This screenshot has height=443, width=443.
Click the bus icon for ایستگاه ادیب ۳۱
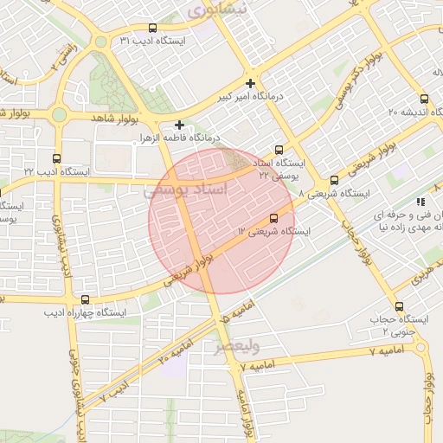tap(153, 29)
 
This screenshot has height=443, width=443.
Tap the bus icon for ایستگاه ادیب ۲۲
tap(57, 159)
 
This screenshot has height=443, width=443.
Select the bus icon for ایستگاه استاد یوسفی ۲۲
tap(279, 150)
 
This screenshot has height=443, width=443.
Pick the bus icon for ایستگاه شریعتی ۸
tap(334, 180)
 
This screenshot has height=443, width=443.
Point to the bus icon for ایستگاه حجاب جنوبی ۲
tap(399, 306)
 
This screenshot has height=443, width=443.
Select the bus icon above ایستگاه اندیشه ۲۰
tap(424, 98)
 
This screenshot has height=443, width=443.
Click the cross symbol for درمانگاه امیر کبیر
tap(250, 84)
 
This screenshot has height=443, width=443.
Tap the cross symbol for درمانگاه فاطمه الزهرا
tap(179, 125)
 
